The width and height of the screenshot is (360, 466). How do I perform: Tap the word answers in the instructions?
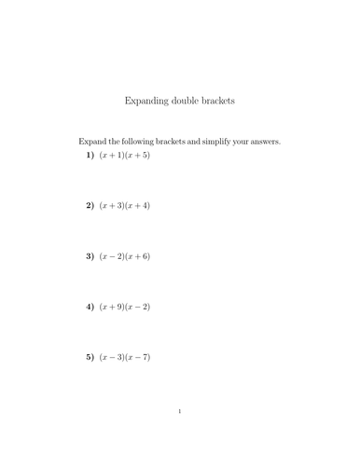(x=264, y=142)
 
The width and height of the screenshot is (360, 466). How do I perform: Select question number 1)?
(x=90, y=155)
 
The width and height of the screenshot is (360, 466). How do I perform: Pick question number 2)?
(x=90, y=205)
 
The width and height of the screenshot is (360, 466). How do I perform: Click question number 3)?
(x=90, y=255)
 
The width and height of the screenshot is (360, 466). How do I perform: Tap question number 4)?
(x=90, y=306)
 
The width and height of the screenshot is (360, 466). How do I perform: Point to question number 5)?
(x=90, y=356)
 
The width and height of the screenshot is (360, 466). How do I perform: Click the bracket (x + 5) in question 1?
(x=137, y=155)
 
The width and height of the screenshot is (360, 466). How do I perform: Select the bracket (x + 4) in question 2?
(x=137, y=205)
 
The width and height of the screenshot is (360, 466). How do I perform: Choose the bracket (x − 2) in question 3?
(x=112, y=255)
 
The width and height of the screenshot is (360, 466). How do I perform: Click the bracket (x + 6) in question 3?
(x=137, y=255)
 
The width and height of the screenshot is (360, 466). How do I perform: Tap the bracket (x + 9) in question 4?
(x=112, y=306)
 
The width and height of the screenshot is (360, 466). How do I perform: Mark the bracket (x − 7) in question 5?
(x=137, y=356)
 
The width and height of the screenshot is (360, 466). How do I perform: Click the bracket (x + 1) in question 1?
(x=112, y=155)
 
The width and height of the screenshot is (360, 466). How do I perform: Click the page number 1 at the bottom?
(x=180, y=412)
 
